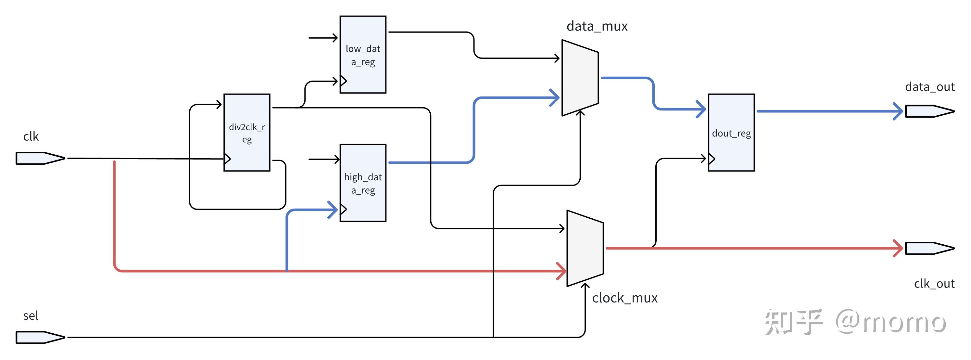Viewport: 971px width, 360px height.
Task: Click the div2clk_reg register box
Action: click(x=246, y=132)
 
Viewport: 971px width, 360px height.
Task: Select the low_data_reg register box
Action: click(x=363, y=54)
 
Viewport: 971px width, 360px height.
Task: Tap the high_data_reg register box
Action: click(x=363, y=183)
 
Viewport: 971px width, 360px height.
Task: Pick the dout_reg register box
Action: click(x=731, y=132)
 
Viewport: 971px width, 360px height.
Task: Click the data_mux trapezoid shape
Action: click(x=580, y=78)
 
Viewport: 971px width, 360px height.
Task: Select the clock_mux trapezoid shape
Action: click(x=585, y=248)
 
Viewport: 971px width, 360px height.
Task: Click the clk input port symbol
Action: click(x=40, y=158)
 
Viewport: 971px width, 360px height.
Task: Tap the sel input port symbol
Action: click(x=40, y=337)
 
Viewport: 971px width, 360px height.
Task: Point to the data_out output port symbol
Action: click(x=929, y=111)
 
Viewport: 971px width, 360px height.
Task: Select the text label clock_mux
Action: click(x=624, y=298)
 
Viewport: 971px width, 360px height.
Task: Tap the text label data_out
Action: click(x=929, y=87)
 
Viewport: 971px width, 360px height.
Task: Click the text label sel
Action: click(x=31, y=316)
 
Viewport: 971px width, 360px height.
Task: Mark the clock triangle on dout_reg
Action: click(x=712, y=159)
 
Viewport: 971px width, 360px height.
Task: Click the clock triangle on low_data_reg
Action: click(x=343, y=81)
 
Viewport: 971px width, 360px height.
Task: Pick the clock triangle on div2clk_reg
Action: click(x=227, y=159)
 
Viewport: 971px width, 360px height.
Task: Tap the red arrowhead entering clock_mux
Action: click(x=562, y=271)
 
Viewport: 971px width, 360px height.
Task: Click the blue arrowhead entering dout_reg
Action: click(x=702, y=109)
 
